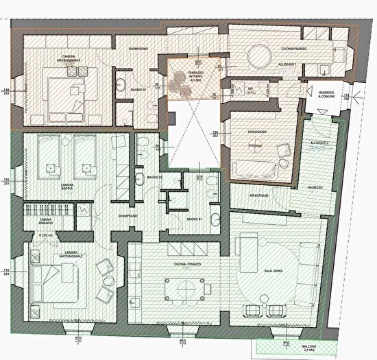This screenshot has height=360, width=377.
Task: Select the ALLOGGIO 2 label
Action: click(319, 143)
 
